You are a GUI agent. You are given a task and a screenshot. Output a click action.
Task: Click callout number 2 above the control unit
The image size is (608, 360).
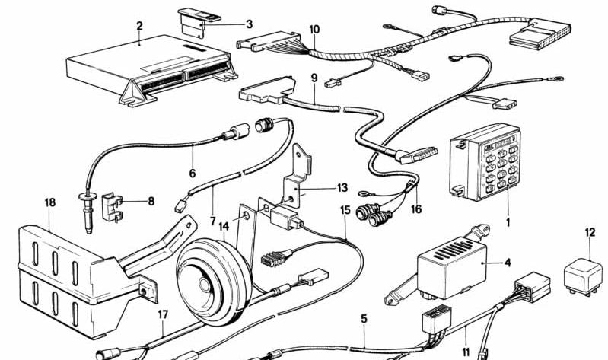coord(139,27)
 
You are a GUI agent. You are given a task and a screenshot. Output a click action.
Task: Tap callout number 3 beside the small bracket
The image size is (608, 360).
coord(249,24)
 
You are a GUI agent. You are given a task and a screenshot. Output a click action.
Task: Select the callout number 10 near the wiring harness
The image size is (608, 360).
coord(314,30)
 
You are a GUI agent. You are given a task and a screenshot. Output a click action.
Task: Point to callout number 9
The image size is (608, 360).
coord(314,78)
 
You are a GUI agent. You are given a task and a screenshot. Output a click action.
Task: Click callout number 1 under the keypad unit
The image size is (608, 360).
coord(508,225)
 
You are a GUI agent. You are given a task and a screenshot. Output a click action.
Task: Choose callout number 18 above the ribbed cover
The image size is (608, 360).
coord(50,203)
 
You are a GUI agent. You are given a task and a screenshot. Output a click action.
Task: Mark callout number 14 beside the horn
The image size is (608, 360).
coord(224,226)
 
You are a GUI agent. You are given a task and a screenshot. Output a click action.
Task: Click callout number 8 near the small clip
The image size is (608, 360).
coord(151,202)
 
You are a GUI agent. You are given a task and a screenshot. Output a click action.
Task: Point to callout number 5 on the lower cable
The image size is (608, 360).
coord(364,318)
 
